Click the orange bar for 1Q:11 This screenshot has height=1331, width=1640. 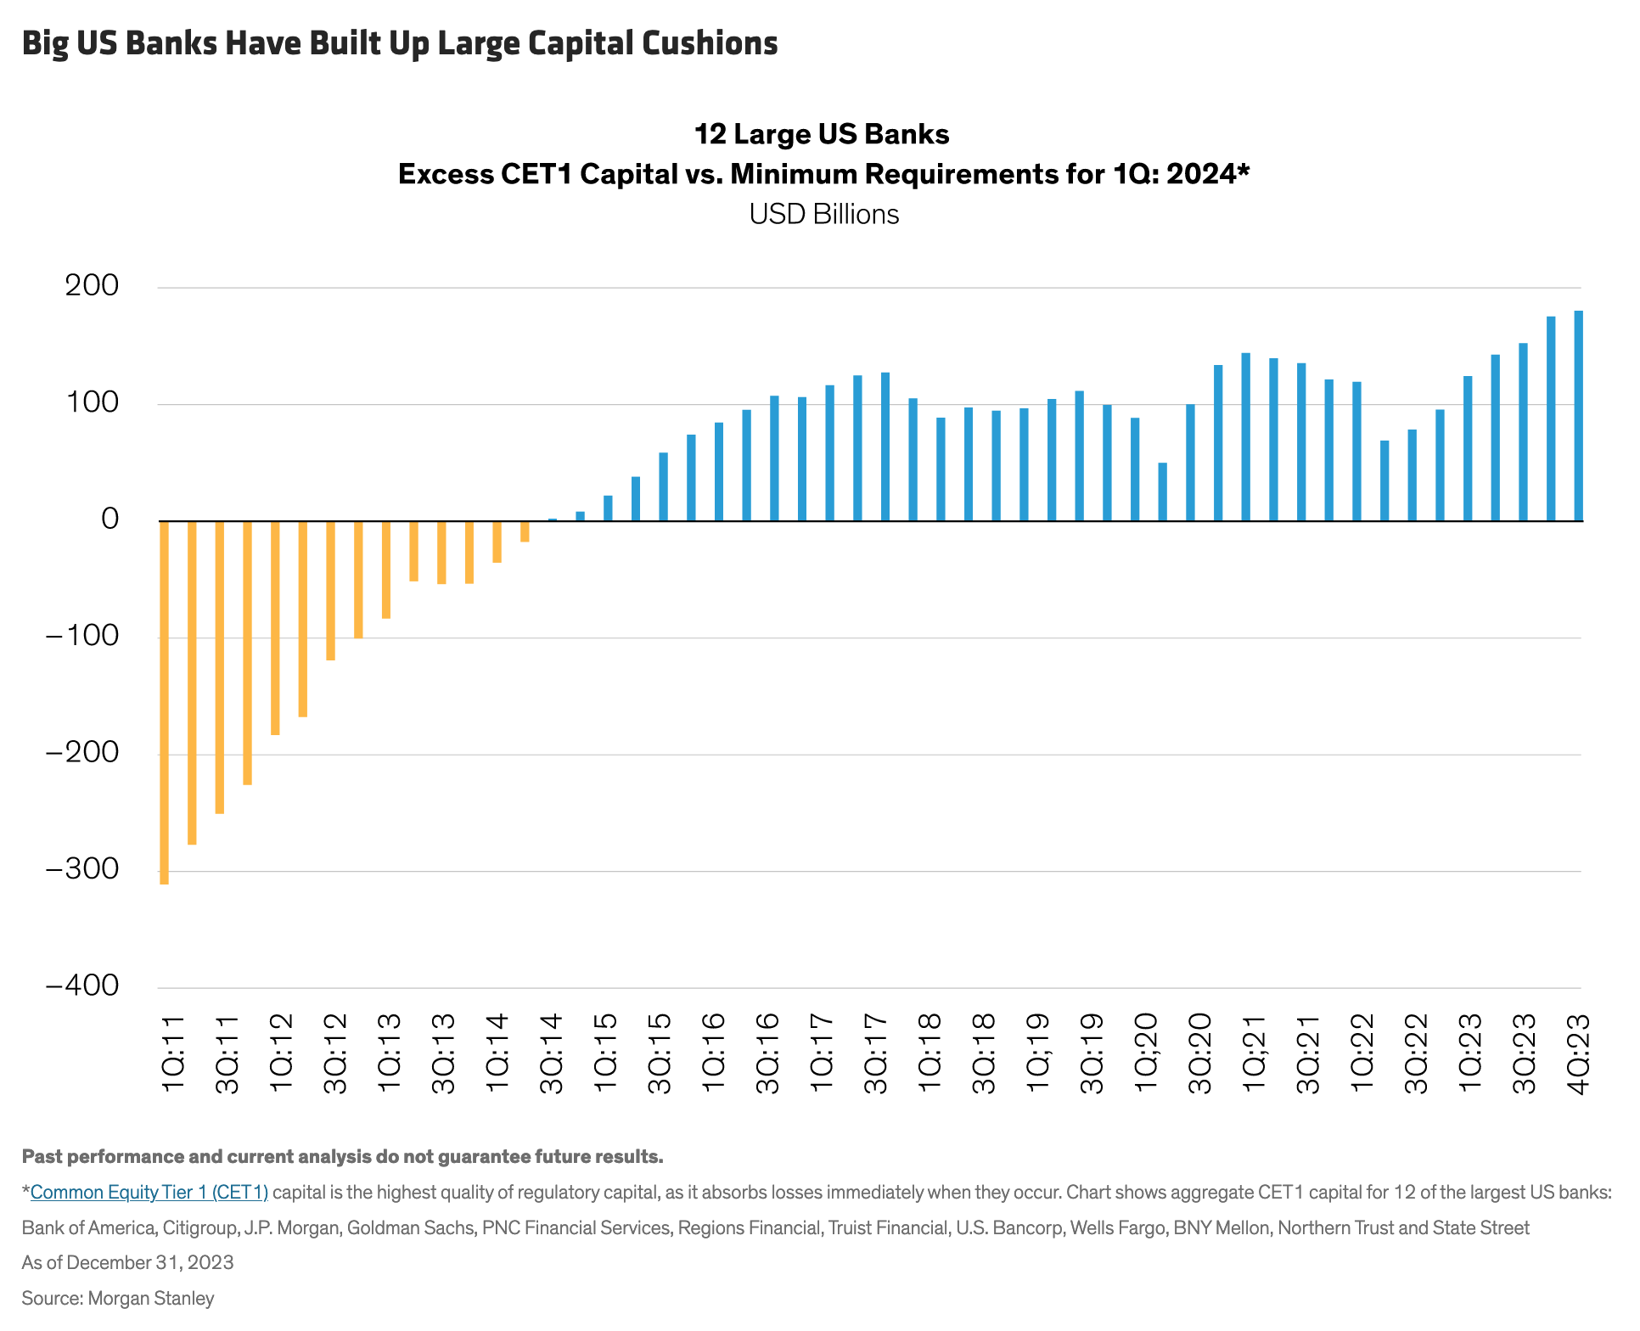[x=164, y=703]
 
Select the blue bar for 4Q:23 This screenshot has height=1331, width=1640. [x=1578, y=416]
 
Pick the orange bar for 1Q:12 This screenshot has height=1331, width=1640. [x=275, y=628]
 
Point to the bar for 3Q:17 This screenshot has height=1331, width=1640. [x=885, y=446]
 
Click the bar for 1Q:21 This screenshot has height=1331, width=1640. [x=1245, y=437]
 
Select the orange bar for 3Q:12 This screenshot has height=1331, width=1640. [x=331, y=591]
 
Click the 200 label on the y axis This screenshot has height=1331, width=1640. [x=92, y=286]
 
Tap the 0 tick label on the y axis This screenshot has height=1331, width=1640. [x=110, y=519]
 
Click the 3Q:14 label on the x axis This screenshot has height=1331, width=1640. [x=552, y=1053]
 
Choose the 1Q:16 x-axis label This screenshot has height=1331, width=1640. [x=714, y=1053]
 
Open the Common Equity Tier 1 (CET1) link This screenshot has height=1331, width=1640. [x=149, y=1193]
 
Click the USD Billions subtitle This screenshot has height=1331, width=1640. [x=823, y=214]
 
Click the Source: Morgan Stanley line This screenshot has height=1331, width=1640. [x=118, y=1299]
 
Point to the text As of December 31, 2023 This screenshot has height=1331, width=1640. [x=127, y=1263]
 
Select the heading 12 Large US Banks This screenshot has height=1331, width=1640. [x=822, y=134]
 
